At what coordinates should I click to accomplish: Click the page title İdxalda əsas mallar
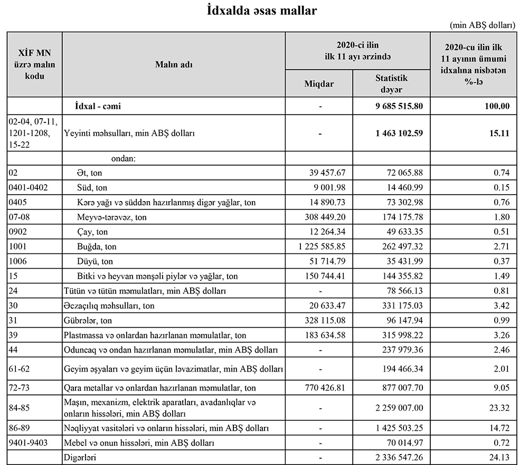coord(261,11)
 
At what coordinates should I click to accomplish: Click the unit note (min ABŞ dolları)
coord(483,25)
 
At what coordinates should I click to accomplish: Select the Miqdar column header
coord(319,83)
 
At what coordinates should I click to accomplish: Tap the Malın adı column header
coord(174,64)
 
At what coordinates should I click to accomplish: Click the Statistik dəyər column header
coord(391,83)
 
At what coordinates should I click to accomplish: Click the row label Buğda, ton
coord(97,246)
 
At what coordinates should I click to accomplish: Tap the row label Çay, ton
coord(92,232)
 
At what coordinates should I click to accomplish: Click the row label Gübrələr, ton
coord(88,320)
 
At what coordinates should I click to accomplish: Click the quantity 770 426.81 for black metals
coord(325,387)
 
